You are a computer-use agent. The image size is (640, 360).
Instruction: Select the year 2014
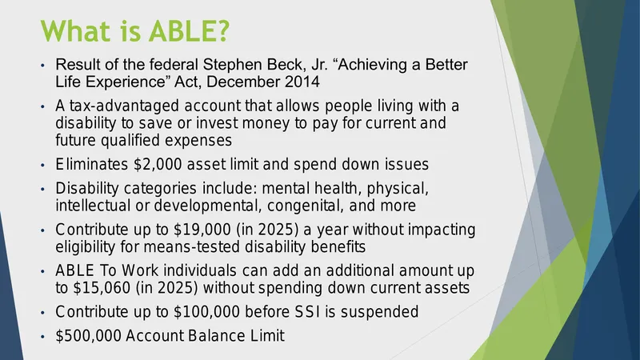pos(302,82)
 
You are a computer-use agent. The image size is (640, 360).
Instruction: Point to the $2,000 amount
pos(158,165)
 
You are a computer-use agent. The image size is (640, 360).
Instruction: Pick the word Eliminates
pos(92,164)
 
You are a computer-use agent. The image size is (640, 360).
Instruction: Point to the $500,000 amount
pos(88,336)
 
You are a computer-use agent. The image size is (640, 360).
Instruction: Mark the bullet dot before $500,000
pos(43,337)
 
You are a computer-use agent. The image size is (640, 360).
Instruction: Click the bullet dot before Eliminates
pos(43,166)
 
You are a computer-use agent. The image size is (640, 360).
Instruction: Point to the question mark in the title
pos(224,30)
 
